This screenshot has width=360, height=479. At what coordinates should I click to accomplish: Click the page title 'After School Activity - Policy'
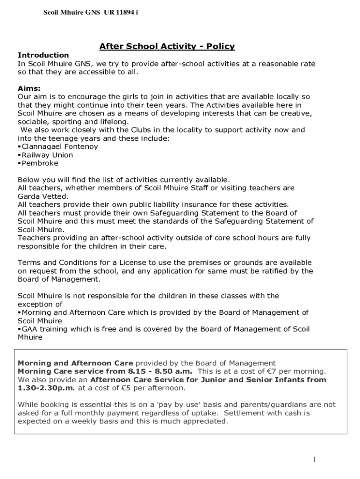pyautogui.click(x=166, y=46)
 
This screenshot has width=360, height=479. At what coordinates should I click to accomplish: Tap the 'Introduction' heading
pyautogui.click(x=43, y=55)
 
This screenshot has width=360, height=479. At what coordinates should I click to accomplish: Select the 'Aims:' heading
pyautogui.click(x=29, y=88)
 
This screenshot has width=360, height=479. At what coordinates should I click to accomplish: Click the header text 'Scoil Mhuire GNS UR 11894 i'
pyautogui.click(x=91, y=13)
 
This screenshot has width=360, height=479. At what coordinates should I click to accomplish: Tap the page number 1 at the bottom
pyautogui.click(x=315, y=459)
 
